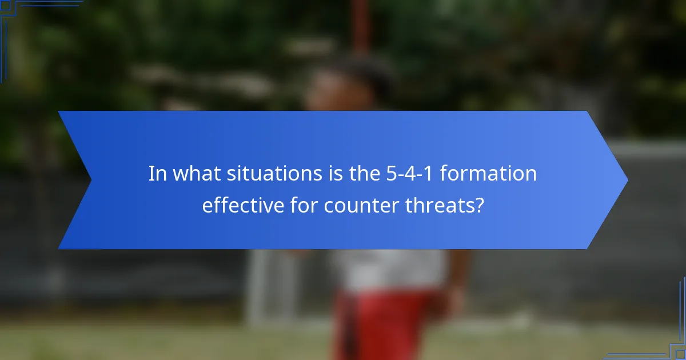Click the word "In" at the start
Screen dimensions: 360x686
[155, 173]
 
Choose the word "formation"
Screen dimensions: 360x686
[489, 173]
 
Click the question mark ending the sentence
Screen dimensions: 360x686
[479, 205]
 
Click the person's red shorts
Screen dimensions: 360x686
[389, 326]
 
